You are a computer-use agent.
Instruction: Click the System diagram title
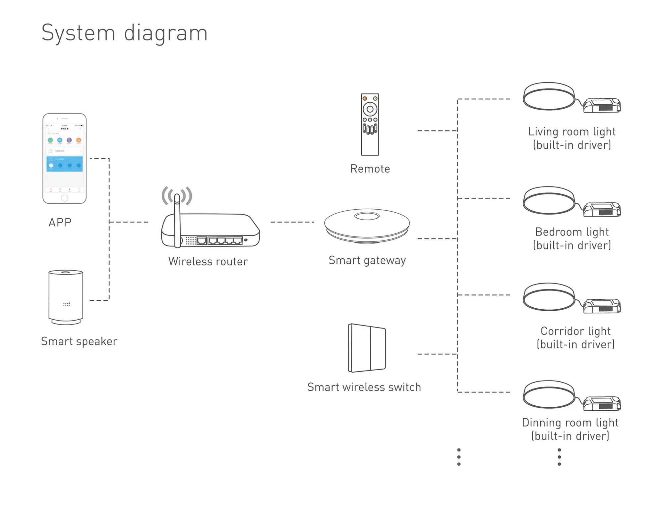(x=124, y=33)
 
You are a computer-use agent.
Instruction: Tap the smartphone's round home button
(x=65, y=198)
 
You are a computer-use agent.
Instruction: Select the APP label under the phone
(x=60, y=222)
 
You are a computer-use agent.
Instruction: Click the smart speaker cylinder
(x=66, y=296)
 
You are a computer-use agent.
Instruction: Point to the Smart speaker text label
(x=79, y=341)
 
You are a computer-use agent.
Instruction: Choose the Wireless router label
(x=208, y=262)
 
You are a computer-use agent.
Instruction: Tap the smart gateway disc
(x=367, y=225)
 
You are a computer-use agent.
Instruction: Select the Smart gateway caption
(x=367, y=261)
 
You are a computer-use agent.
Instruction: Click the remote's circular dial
(x=370, y=109)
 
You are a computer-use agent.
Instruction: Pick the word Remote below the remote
(x=370, y=169)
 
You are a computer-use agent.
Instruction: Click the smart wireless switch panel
(x=367, y=348)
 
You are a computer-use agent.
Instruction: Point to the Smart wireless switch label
(x=364, y=387)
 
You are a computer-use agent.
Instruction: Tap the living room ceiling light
(x=549, y=96)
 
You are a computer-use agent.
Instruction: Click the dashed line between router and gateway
(x=292, y=222)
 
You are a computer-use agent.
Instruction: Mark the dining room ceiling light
(x=549, y=394)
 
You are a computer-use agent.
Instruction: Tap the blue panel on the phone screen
(x=65, y=164)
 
